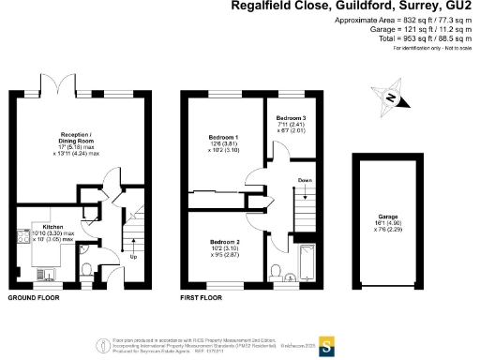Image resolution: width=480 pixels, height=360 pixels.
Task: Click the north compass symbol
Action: [392, 97]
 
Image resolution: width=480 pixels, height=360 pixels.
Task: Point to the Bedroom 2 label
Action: [225, 241]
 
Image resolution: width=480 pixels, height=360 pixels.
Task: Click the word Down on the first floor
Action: [304, 179]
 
